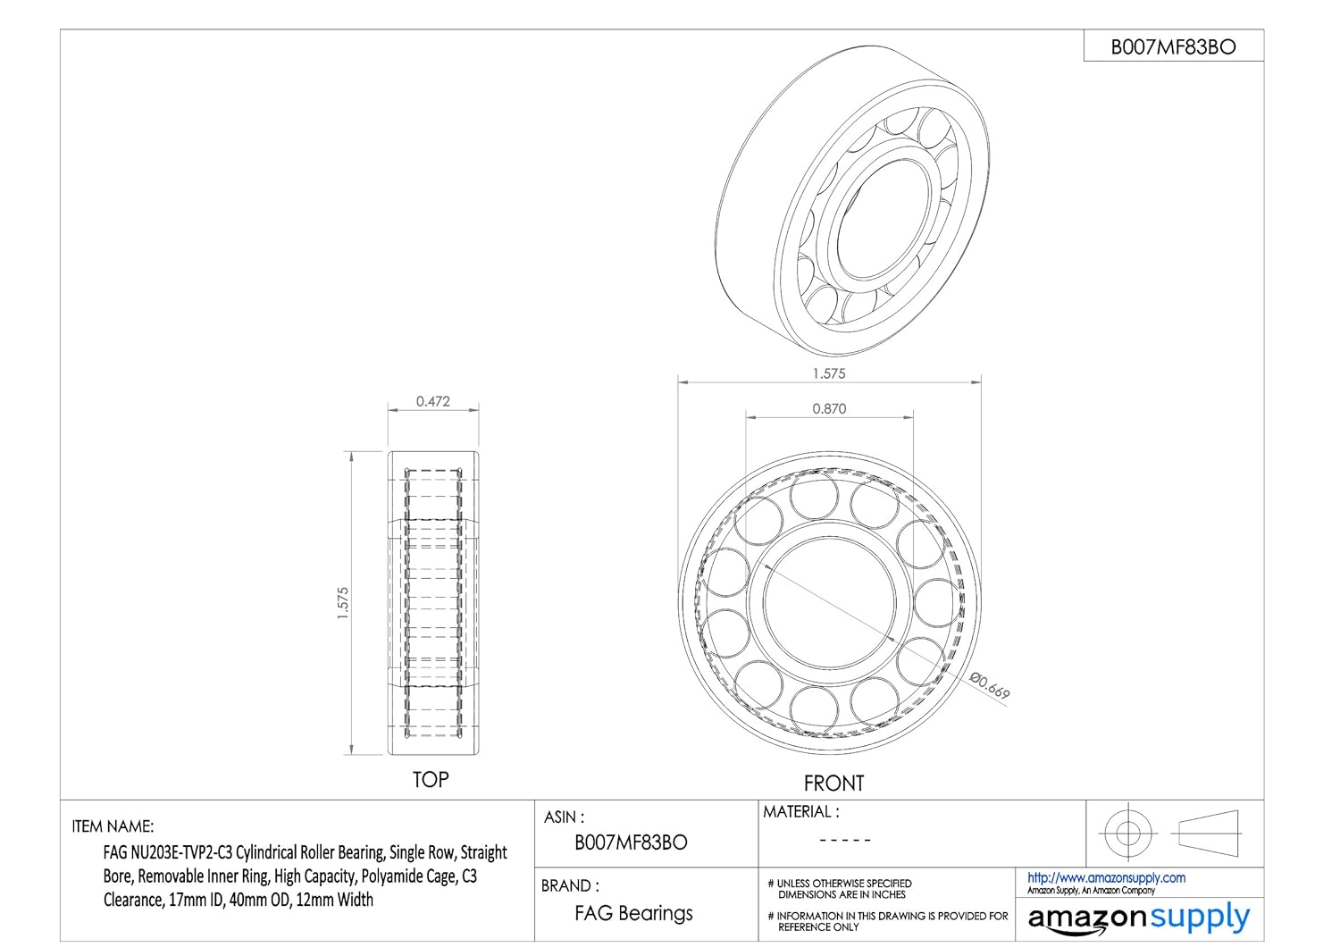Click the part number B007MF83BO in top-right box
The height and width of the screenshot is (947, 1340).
[x=1173, y=47]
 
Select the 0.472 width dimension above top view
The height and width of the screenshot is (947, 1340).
[x=433, y=402]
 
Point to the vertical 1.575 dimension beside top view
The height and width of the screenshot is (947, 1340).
[x=342, y=603]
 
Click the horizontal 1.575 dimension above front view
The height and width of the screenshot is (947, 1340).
[x=829, y=373]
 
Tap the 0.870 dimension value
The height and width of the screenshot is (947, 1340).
[x=829, y=408]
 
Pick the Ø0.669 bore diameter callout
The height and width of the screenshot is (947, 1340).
[x=990, y=684]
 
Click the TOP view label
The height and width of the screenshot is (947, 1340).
[x=430, y=780]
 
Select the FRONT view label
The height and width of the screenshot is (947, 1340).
[x=833, y=784]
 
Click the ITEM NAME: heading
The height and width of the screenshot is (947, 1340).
[x=113, y=826]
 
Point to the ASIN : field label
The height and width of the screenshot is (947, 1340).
[x=565, y=817]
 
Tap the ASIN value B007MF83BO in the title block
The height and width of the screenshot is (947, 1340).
[x=631, y=842]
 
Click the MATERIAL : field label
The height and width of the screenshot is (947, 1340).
[x=800, y=812]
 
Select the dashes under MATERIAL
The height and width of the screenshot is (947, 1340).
[x=844, y=840]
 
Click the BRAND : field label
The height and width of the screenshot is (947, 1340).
[x=570, y=886]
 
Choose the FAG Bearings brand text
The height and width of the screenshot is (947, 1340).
[x=633, y=913]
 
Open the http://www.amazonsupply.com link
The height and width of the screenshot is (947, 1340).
[x=1106, y=878]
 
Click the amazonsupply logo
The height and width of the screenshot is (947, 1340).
[x=1139, y=918]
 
